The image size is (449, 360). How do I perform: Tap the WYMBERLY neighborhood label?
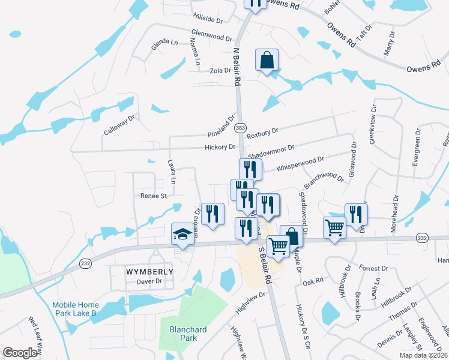[149, 271]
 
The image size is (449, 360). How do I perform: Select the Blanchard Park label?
[188, 334]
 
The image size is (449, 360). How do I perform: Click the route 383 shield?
[240, 129]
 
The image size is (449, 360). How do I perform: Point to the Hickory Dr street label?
[220, 146]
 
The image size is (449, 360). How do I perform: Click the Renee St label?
[153, 196]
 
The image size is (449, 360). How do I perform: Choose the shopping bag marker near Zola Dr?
[267, 60]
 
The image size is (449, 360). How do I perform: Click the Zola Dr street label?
[220, 70]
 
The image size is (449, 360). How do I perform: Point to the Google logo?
[20, 353]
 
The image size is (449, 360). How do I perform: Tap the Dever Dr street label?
[149, 281]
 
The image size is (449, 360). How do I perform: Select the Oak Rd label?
[313, 280]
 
